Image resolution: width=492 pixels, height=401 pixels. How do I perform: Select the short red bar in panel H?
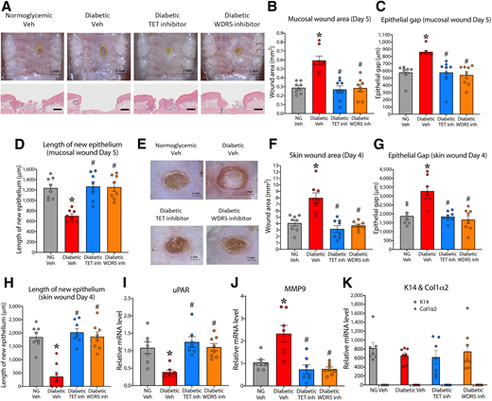pyautogui.click(x=54, y=377)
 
